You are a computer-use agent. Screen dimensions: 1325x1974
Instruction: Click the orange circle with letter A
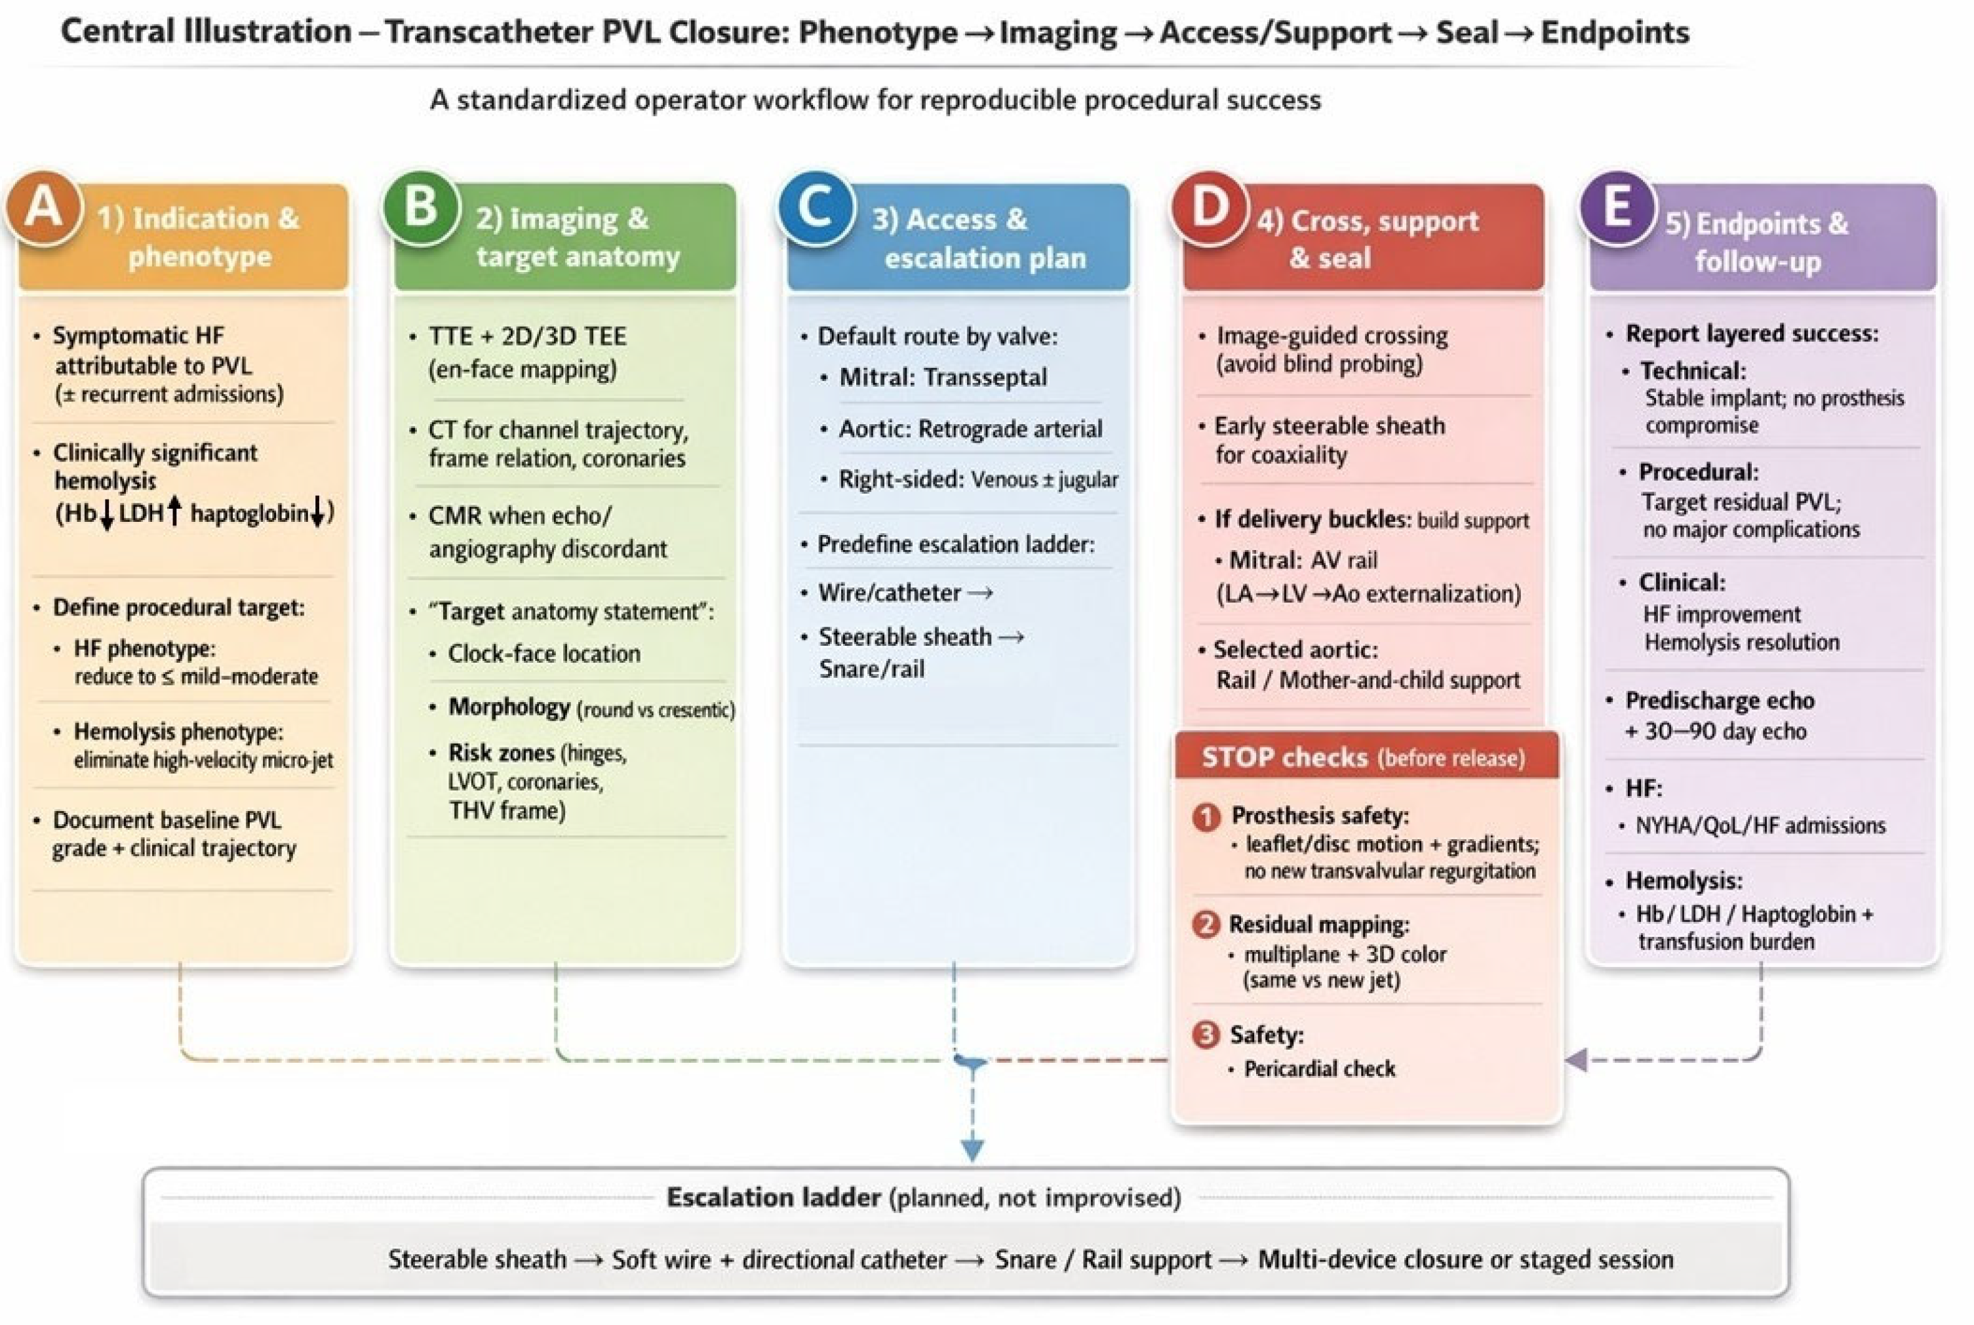[x=44, y=208]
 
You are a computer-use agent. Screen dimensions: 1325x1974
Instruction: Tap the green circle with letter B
[x=420, y=208]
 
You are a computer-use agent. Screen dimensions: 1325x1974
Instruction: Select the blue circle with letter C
[x=815, y=208]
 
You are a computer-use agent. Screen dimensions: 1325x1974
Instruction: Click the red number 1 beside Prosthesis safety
[x=1206, y=817]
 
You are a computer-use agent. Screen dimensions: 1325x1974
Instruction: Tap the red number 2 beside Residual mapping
[x=1206, y=924]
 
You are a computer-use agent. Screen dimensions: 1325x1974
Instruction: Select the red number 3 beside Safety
[x=1206, y=1035]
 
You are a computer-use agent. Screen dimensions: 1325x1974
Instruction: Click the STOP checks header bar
[x=1366, y=757]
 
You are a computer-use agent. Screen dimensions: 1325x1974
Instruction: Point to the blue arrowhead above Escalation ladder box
[x=973, y=1150]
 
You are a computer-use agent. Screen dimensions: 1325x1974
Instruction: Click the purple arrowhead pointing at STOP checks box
[x=1575, y=1059]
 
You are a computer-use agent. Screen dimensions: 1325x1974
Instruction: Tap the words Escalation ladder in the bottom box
[x=773, y=1197]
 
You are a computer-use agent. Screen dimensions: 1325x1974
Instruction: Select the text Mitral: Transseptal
[x=942, y=377]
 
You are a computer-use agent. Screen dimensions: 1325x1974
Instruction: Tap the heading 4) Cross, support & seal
[x=1366, y=239]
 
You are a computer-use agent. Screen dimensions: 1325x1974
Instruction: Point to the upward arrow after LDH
[x=174, y=511]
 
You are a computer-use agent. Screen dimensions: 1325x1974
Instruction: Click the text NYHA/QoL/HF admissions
[x=1760, y=825]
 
